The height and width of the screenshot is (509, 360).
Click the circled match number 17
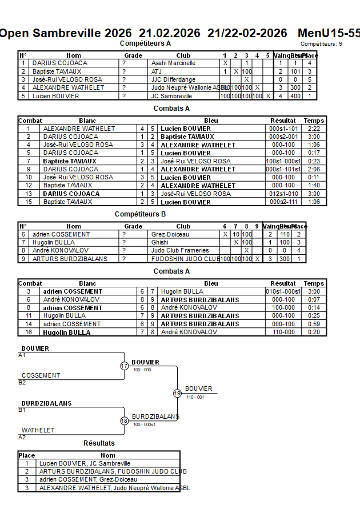(124, 366)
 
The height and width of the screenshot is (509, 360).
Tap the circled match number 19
(177, 393)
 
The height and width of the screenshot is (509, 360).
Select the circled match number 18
(124, 420)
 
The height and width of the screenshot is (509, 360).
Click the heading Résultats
(99, 443)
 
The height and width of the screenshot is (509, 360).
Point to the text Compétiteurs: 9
(321, 43)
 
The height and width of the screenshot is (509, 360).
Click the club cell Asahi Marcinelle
(173, 63)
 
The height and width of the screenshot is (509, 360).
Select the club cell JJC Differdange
(173, 79)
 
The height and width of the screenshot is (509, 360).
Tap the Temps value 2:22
(314, 129)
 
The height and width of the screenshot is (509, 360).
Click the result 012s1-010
(283, 194)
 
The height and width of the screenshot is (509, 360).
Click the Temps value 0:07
(314, 300)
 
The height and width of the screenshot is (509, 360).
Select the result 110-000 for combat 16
(283, 332)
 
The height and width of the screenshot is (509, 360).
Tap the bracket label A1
(22, 355)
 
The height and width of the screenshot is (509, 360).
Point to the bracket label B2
(22, 382)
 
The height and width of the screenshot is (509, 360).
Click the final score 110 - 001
(195, 397)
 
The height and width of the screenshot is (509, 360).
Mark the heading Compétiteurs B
(140, 214)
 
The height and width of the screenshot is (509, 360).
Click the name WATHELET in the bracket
(38, 430)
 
